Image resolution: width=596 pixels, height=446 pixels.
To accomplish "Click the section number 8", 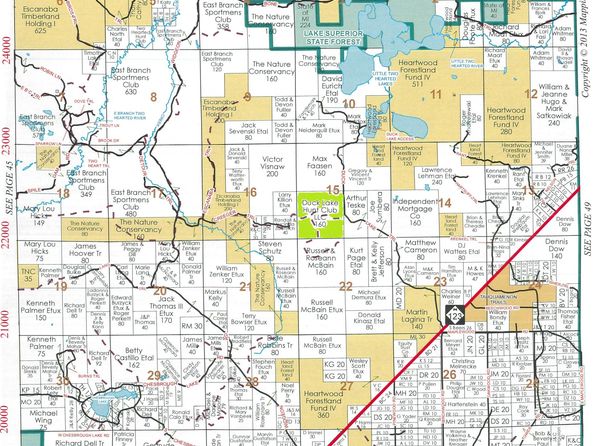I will [153, 98].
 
